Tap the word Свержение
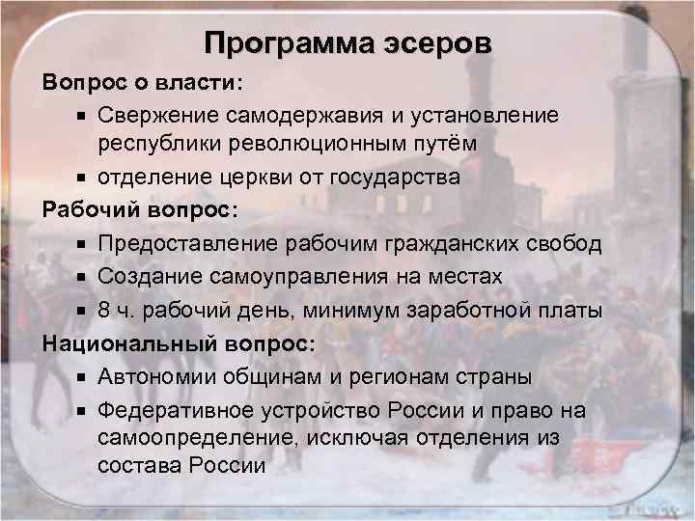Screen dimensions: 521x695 click(x=157, y=116)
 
